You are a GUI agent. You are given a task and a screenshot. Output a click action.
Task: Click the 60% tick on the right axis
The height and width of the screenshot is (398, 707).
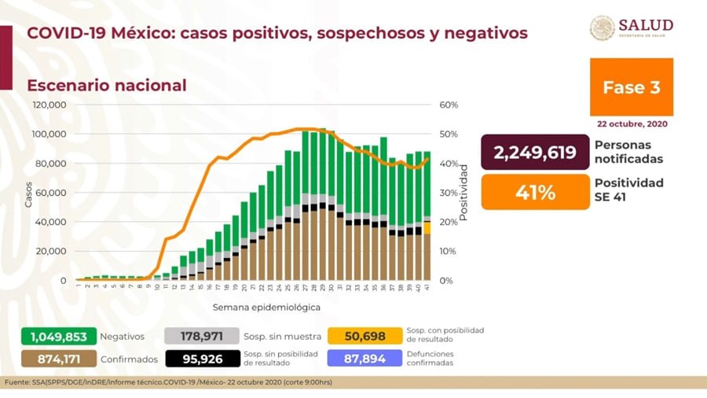[449, 105]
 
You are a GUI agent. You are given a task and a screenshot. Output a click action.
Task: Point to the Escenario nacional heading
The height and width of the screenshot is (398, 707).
[107, 85]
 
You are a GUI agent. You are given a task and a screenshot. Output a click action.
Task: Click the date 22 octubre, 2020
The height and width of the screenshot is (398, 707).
[631, 123]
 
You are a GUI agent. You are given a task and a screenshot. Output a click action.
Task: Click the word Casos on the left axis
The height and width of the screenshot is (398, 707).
[29, 193]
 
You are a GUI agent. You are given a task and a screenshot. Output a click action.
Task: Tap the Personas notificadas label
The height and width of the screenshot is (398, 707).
[628, 152]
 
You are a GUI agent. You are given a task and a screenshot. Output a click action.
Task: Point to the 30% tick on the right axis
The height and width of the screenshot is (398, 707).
[449, 193]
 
